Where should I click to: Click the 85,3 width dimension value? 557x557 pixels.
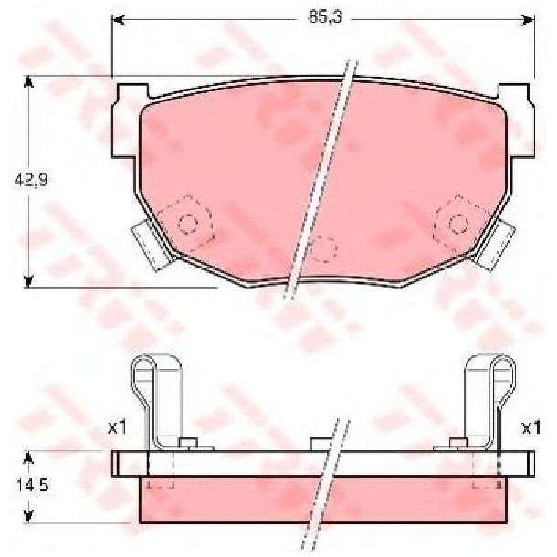click(x=325, y=16)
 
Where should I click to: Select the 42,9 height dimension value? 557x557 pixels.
click(x=31, y=180)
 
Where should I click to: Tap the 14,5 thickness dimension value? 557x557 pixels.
click(x=32, y=485)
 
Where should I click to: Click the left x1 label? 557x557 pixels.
click(x=117, y=428)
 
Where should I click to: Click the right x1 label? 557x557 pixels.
click(x=531, y=427)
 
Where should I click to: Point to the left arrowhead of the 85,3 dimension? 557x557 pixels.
click(x=119, y=20)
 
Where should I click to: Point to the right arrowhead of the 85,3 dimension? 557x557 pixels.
click(x=528, y=20)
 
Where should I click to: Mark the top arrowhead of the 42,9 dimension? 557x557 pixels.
click(x=28, y=82)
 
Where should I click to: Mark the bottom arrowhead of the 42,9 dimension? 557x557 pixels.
click(x=28, y=281)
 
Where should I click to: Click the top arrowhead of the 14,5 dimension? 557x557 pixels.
click(x=28, y=457)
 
